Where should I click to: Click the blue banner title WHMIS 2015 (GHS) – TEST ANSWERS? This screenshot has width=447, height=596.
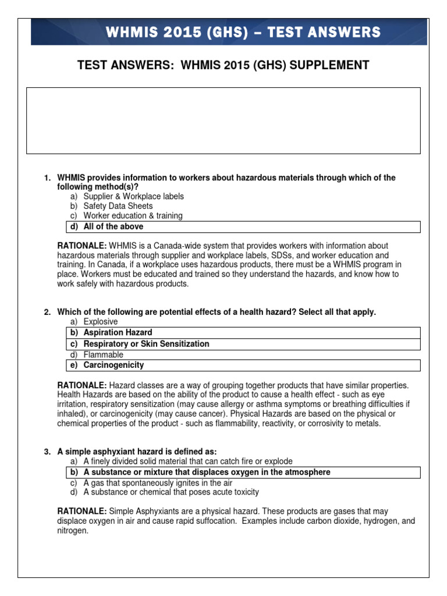pyautogui.click(x=243, y=31)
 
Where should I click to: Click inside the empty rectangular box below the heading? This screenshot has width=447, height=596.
pyautogui.click(x=223, y=120)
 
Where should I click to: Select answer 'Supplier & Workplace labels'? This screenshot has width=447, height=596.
pyautogui.click(x=133, y=196)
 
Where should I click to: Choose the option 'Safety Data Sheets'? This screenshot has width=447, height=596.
pyautogui.click(x=118, y=206)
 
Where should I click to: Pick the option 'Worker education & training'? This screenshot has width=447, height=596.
pyautogui.click(x=133, y=216)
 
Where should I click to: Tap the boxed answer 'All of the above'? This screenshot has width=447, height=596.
pyautogui.click(x=113, y=226)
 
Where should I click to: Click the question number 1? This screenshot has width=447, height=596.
pyautogui.click(x=48, y=178)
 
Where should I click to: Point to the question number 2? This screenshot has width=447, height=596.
pyautogui.click(x=48, y=312)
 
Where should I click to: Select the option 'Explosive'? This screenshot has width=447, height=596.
pyautogui.click(x=100, y=322)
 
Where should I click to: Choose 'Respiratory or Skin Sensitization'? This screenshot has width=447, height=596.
pyautogui.click(x=146, y=344)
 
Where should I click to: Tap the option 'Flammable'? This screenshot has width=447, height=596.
pyautogui.click(x=103, y=354)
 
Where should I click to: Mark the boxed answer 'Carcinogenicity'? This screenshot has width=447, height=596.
pyautogui.click(x=113, y=365)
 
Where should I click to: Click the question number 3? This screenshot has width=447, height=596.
pyautogui.click(x=48, y=452)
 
